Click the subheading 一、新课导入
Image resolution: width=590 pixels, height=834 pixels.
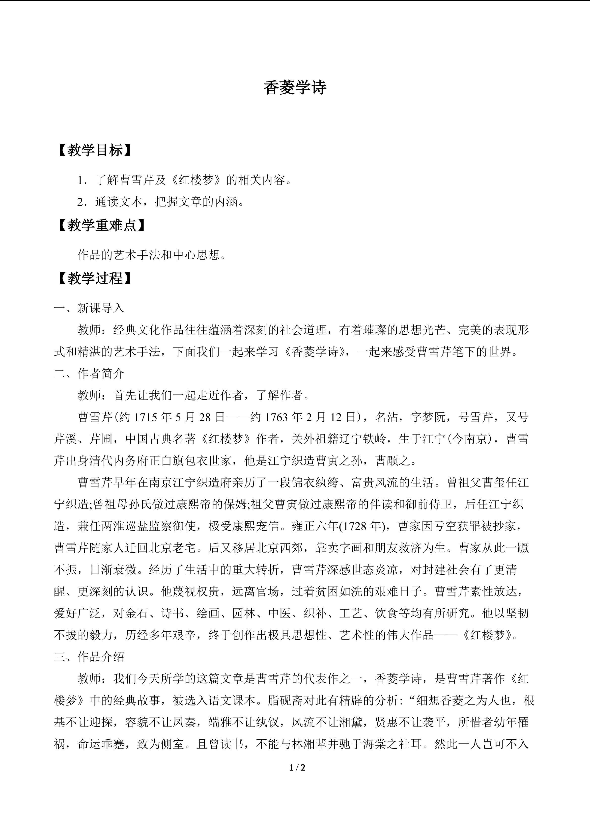point(89,308)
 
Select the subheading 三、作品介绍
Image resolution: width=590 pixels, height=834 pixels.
point(89,657)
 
